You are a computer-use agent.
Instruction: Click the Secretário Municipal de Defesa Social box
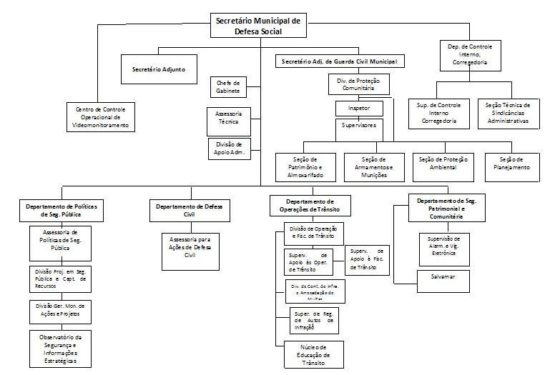[x=259, y=26]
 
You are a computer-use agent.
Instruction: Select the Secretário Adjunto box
[x=159, y=69]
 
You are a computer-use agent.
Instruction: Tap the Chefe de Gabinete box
[x=228, y=87]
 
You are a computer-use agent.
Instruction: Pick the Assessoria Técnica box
[x=228, y=119]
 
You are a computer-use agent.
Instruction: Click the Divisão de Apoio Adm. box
[x=230, y=148]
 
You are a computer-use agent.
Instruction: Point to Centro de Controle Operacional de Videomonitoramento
[x=102, y=117]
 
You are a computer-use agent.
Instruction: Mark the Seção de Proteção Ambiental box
[x=443, y=163]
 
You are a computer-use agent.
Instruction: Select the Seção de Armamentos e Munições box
[x=374, y=166]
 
